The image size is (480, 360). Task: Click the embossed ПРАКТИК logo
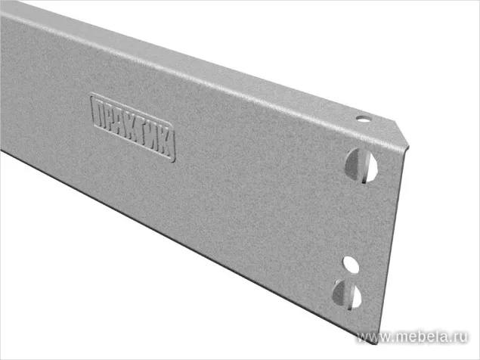pyautogui.click(x=133, y=127)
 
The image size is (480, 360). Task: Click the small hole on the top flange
pyautogui.click(x=362, y=119)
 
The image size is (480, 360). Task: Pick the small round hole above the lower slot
pyautogui.click(x=349, y=264)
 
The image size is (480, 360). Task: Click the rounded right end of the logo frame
pyautogui.click(x=174, y=148)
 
